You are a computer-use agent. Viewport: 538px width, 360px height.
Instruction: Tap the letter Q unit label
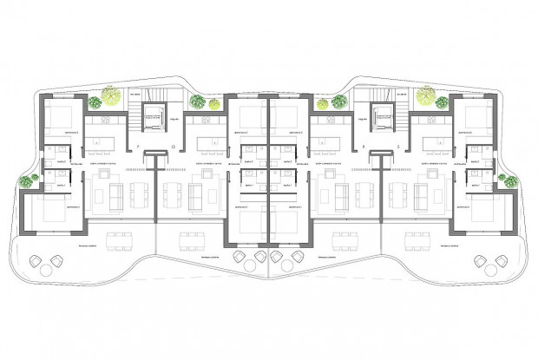tap(173, 146)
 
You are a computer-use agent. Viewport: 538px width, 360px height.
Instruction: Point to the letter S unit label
tap(398, 146)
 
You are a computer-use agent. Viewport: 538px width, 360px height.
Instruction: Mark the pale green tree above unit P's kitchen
tap(110, 91)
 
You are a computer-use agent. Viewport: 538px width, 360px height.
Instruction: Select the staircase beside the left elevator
tap(135, 113)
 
